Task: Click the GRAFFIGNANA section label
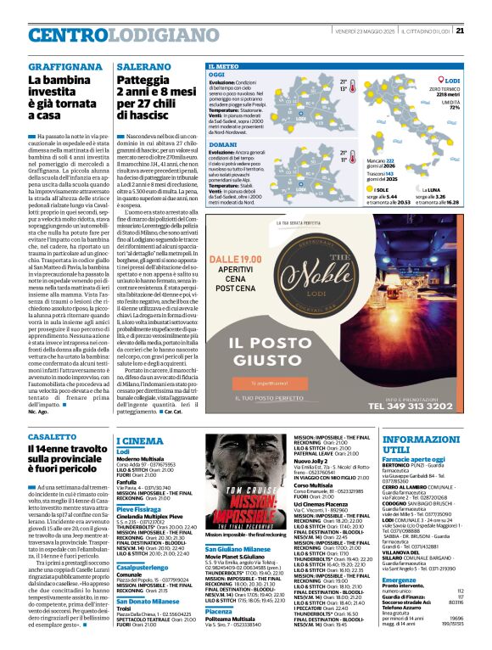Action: pos(56,65)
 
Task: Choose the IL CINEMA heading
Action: pos(141,441)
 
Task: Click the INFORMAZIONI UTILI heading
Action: pos(420,445)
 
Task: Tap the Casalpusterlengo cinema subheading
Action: pos(146,565)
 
